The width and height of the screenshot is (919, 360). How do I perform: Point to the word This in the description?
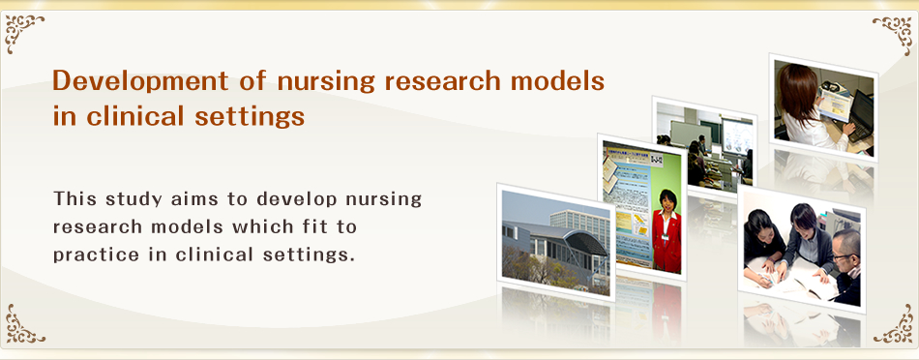76,198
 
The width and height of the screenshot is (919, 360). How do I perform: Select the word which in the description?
265,226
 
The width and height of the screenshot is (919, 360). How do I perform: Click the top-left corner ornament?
23,32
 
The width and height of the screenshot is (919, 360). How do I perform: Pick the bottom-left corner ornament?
24,323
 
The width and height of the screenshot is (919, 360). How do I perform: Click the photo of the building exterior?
555,242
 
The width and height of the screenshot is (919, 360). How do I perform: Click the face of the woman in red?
667,200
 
